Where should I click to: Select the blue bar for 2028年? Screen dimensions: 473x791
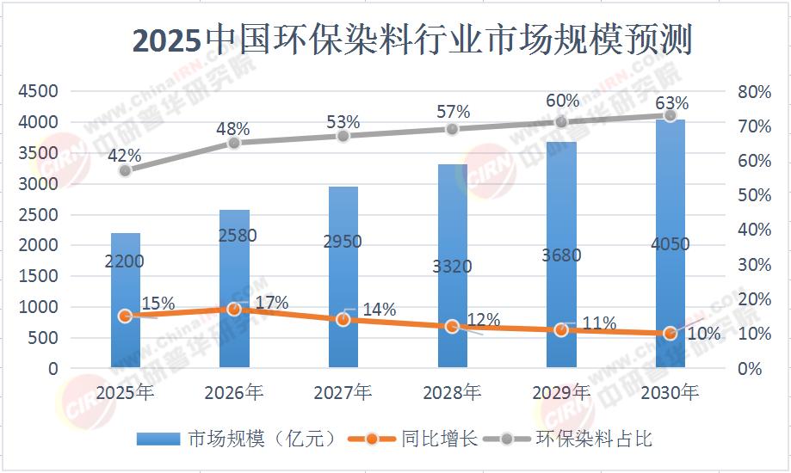pyautogui.click(x=452, y=266)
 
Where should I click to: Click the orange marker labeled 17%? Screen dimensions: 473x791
pyautogui.click(x=234, y=309)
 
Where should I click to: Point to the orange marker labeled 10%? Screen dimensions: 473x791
pyautogui.click(x=670, y=334)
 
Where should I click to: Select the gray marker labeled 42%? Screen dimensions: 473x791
pyautogui.click(x=126, y=170)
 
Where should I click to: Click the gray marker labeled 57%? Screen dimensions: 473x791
pyautogui.click(x=452, y=128)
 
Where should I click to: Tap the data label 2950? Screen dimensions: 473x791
pyautogui.click(x=343, y=242)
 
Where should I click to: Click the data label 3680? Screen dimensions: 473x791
pyautogui.click(x=561, y=255)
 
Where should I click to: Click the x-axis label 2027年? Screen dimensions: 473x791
pyautogui.click(x=343, y=393)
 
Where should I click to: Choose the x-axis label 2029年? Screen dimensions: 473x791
pyautogui.click(x=561, y=393)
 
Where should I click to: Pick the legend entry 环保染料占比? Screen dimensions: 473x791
pyautogui.click(x=594, y=439)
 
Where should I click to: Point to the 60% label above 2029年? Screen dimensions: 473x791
pyautogui.click(x=562, y=101)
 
